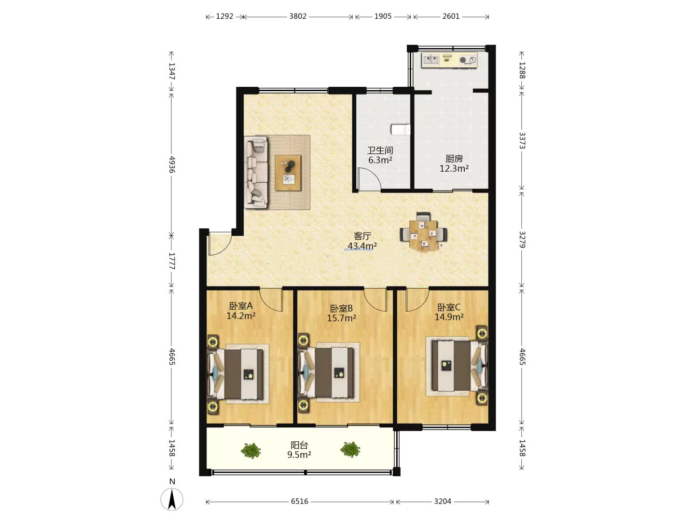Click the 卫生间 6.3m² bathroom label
(380, 155)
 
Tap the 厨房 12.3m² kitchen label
(454, 164)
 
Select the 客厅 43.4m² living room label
(362, 241)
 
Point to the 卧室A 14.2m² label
(241, 311)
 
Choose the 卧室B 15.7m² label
(341, 313)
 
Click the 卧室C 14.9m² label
(449, 312)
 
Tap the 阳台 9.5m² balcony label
(299, 450)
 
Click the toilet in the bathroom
(401, 130)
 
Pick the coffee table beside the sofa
(288, 173)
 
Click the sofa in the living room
(256, 172)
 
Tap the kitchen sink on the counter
(431, 59)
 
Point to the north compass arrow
(172, 499)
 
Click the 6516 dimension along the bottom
(299, 501)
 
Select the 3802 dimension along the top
(298, 16)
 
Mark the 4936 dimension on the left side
(172, 164)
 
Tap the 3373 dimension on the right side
(522, 140)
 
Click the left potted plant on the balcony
(251, 450)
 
